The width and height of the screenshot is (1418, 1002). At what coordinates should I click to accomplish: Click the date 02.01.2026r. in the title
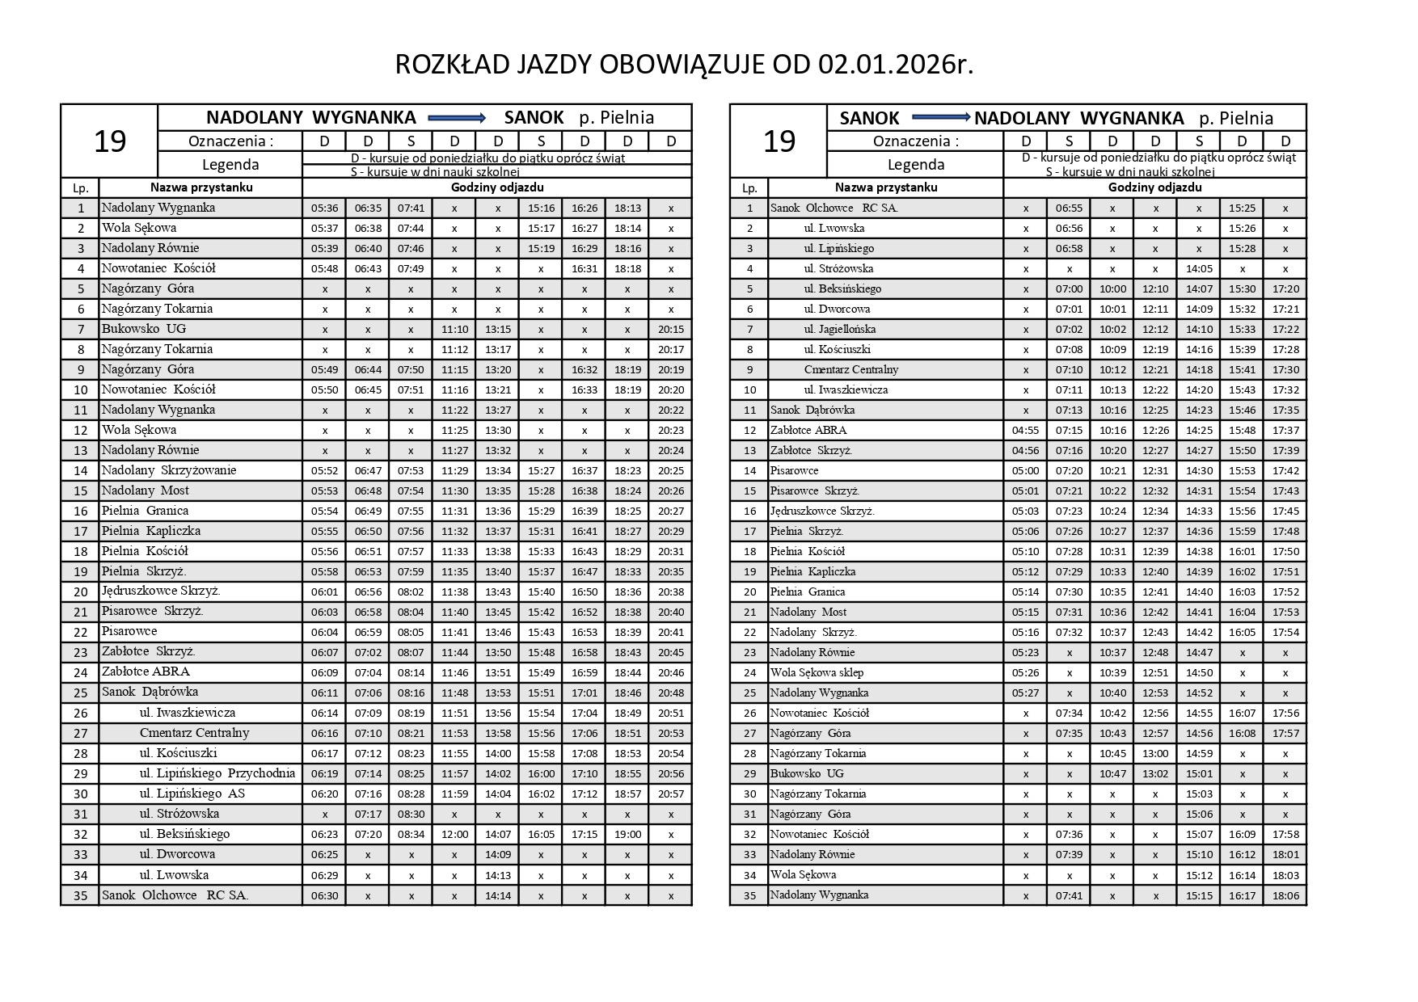coord(896,65)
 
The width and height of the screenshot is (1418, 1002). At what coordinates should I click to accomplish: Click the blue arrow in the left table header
coord(457,118)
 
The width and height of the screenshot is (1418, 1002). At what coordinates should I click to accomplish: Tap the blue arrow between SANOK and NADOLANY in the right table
coord(940,118)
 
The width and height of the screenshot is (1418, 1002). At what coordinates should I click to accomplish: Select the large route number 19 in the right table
coord(779,141)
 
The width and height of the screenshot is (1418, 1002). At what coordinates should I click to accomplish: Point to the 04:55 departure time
coord(1025,430)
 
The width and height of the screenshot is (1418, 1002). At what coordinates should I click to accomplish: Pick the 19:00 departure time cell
coord(627,834)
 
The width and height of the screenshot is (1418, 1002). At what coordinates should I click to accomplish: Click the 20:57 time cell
coord(670,794)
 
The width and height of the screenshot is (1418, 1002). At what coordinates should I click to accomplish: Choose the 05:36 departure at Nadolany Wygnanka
coord(324,208)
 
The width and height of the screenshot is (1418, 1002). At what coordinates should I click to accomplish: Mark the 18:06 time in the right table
coord(1285,895)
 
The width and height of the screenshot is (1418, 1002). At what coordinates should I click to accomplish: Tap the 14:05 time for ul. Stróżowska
coord(1199,268)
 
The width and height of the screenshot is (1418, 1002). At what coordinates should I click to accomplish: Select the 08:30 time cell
coord(411,814)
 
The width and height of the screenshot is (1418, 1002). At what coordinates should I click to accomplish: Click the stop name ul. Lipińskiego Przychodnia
coord(217,773)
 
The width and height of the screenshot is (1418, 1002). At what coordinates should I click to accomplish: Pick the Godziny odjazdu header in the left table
coord(497,187)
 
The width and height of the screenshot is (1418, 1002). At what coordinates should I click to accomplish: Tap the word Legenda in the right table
coord(915,165)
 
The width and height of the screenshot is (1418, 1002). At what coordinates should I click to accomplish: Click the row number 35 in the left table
coord(80,895)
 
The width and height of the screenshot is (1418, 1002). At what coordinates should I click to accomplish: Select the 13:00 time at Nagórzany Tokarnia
coord(1155,753)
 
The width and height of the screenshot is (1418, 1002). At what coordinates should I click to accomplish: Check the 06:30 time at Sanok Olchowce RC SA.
coord(324,895)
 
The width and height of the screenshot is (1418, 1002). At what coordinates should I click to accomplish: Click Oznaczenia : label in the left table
coord(230,141)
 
